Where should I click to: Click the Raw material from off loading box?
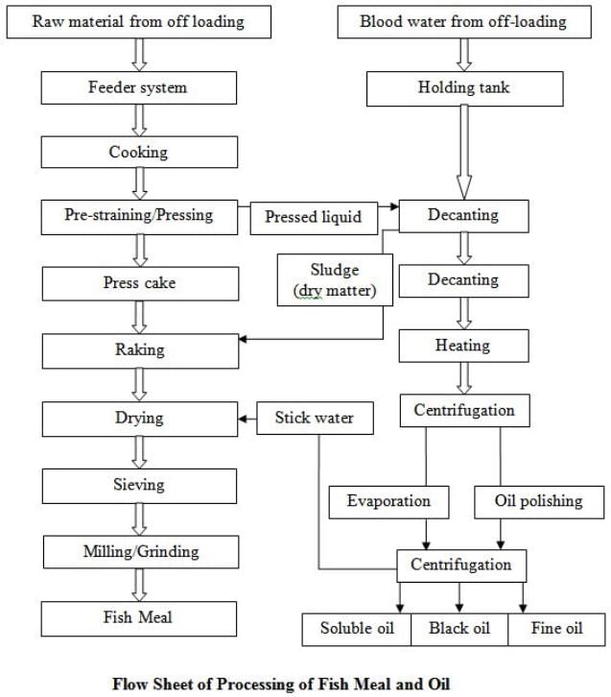pos(139,22)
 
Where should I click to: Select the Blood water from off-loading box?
pos(462,22)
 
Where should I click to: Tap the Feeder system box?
pos(139,87)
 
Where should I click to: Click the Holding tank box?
pos(462,87)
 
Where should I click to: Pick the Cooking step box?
pos(139,152)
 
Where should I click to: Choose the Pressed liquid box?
pos(313,217)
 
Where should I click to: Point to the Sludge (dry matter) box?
pos(335,278)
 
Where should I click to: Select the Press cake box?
pos(139,283)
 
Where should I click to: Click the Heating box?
pos(463,345)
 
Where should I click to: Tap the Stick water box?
pos(314,418)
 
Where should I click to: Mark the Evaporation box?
pos(388,500)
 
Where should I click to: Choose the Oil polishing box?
pos(537,500)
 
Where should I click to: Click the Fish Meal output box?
pos(139,617)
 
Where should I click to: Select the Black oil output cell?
pos(459,628)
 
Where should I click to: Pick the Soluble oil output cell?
pos(357,628)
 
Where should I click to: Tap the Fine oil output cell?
pos(557,628)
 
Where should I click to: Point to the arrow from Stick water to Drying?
pos(247,418)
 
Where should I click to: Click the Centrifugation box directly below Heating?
pos(464,411)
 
